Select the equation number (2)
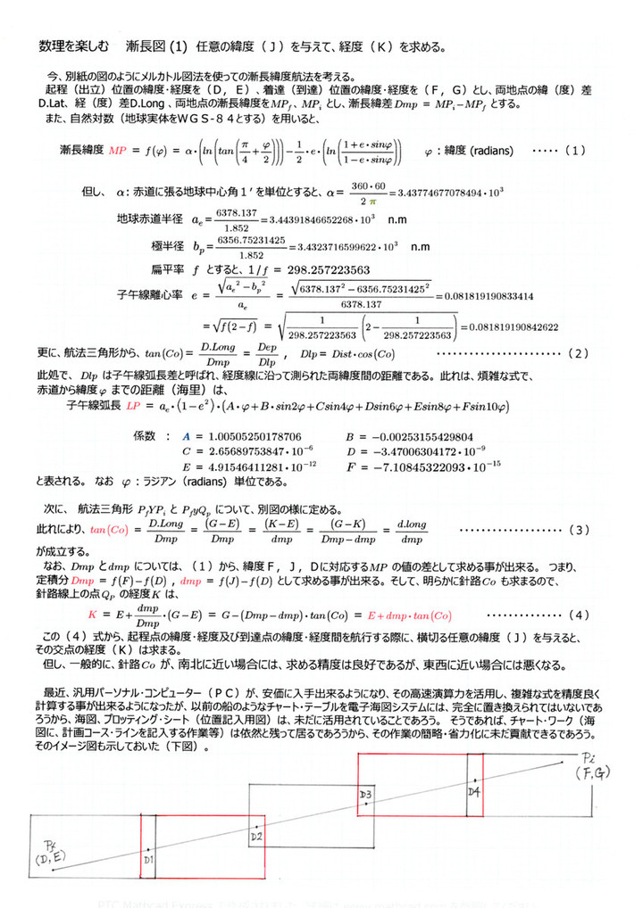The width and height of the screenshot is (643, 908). tap(575, 353)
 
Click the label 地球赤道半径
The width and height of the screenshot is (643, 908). tap(149, 219)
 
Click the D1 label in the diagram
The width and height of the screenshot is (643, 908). tap(149, 860)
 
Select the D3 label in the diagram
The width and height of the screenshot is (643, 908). tap(365, 793)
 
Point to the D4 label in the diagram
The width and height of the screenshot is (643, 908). tap(473, 790)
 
